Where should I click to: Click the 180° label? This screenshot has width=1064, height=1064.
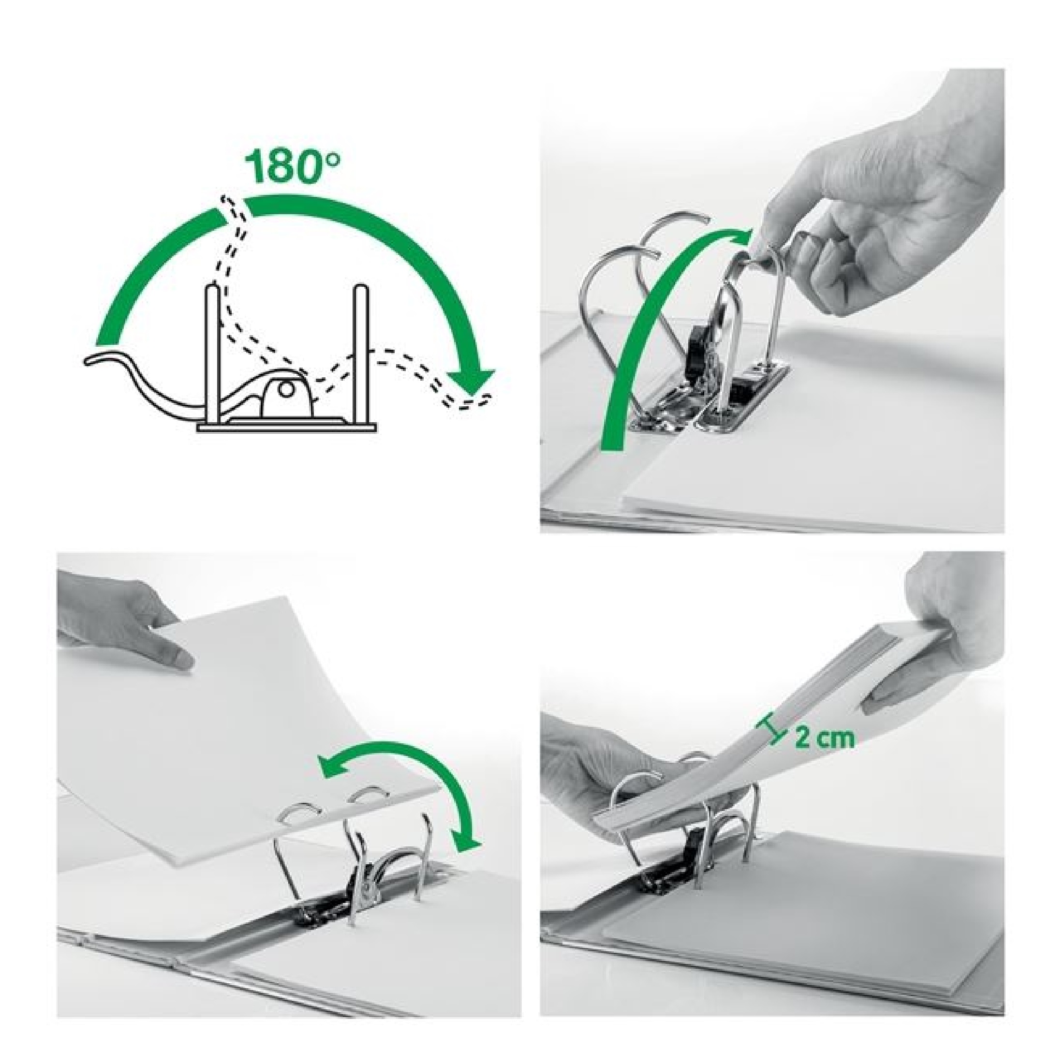[x=293, y=167]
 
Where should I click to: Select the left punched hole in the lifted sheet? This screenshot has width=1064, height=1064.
[x=302, y=826]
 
